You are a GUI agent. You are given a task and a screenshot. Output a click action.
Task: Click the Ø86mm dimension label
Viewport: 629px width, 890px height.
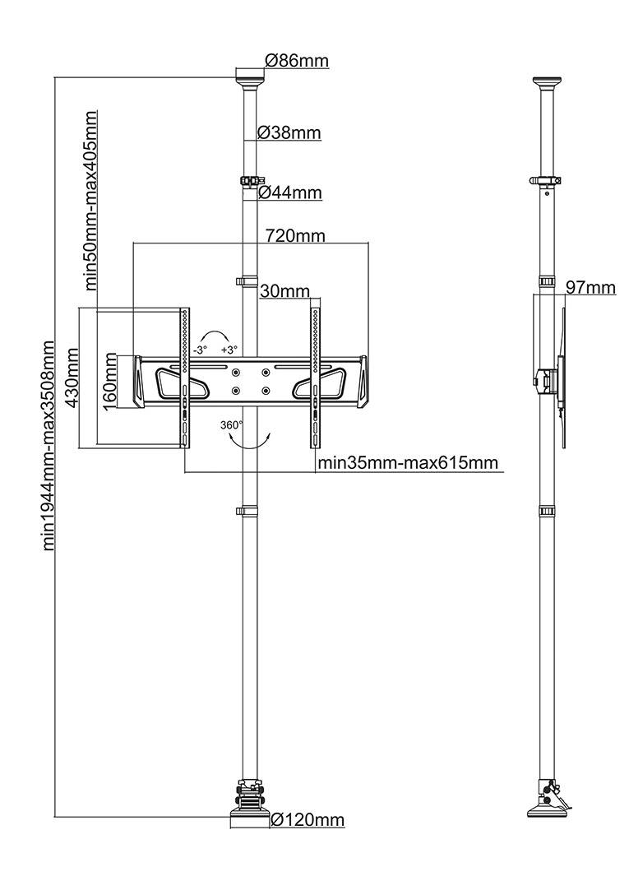pos(296,60)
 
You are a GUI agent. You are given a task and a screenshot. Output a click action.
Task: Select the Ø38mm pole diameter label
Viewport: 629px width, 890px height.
pos(289,132)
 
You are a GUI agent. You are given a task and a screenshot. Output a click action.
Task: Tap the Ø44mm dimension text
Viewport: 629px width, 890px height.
pos(289,193)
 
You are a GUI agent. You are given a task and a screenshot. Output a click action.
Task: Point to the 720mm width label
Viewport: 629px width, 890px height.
pos(294,236)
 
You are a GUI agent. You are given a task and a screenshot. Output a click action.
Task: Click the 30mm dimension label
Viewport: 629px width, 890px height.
pos(284,291)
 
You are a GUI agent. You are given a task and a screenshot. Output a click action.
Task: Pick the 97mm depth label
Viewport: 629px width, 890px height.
pos(590,287)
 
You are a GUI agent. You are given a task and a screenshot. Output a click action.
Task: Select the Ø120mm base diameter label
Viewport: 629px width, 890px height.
pos(307,820)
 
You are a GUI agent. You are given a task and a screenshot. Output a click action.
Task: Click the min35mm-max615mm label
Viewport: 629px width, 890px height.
pos(408,462)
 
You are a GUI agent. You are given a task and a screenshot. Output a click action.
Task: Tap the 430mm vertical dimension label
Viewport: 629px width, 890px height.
pos(72,378)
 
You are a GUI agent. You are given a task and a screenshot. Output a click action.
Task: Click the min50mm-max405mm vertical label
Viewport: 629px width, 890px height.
pos(91,200)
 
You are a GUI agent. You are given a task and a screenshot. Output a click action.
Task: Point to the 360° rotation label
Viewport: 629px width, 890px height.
pos(232,425)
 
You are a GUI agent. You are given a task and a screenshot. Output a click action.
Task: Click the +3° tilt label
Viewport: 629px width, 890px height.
pos(229,350)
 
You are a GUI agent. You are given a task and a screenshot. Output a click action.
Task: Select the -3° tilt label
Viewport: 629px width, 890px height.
pos(200,350)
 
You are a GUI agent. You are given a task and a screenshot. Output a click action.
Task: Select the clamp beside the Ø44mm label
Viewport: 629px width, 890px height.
pos(249,180)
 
